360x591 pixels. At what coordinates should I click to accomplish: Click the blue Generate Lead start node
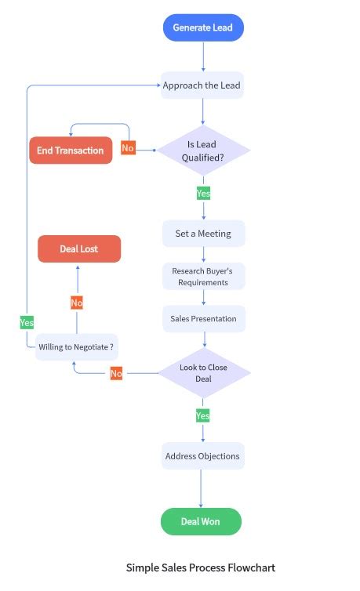[203, 27]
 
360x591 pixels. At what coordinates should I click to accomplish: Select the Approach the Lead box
[203, 85]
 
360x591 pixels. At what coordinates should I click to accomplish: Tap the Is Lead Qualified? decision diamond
[203, 150]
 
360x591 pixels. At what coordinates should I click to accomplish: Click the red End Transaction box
[71, 150]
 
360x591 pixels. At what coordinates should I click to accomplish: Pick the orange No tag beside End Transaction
[128, 148]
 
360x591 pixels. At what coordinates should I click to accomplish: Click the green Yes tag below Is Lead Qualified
[203, 193]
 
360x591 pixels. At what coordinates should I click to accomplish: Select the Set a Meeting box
[203, 234]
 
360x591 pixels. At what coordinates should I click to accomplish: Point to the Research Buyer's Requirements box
[203, 276]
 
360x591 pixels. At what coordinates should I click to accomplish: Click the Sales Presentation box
[203, 319]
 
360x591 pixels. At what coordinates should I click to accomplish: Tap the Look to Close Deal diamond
[203, 373]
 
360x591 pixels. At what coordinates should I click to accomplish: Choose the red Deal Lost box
[79, 249]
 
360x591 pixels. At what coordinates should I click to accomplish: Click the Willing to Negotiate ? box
[76, 346]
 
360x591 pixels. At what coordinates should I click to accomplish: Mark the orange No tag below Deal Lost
[77, 303]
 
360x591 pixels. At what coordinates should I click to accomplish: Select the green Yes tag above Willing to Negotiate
[27, 322]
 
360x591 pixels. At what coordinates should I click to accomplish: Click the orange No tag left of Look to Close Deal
[116, 374]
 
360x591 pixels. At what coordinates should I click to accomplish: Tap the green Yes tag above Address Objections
[203, 415]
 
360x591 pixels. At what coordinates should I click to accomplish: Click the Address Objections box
[202, 456]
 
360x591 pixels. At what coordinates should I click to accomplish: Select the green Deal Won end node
[201, 521]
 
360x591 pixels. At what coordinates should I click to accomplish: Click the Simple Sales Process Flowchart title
[201, 567]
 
